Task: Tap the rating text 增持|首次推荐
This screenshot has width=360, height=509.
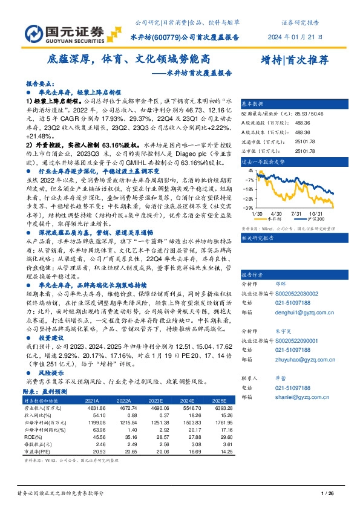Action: point(293,60)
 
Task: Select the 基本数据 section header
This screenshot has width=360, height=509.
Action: point(254,103)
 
